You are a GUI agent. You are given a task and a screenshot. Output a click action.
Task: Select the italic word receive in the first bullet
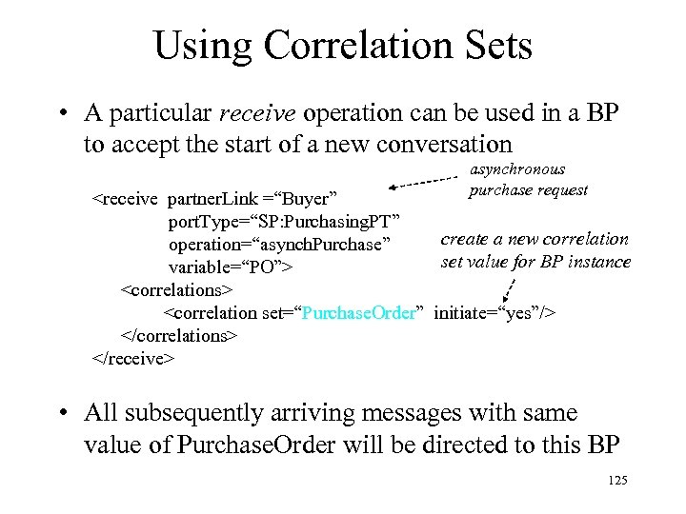point(258,113)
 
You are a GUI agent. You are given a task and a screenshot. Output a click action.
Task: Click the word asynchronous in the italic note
point(517,170)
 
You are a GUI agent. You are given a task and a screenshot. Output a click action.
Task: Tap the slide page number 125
point(616,481)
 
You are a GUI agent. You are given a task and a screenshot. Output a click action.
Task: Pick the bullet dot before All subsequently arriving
point(61,414)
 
